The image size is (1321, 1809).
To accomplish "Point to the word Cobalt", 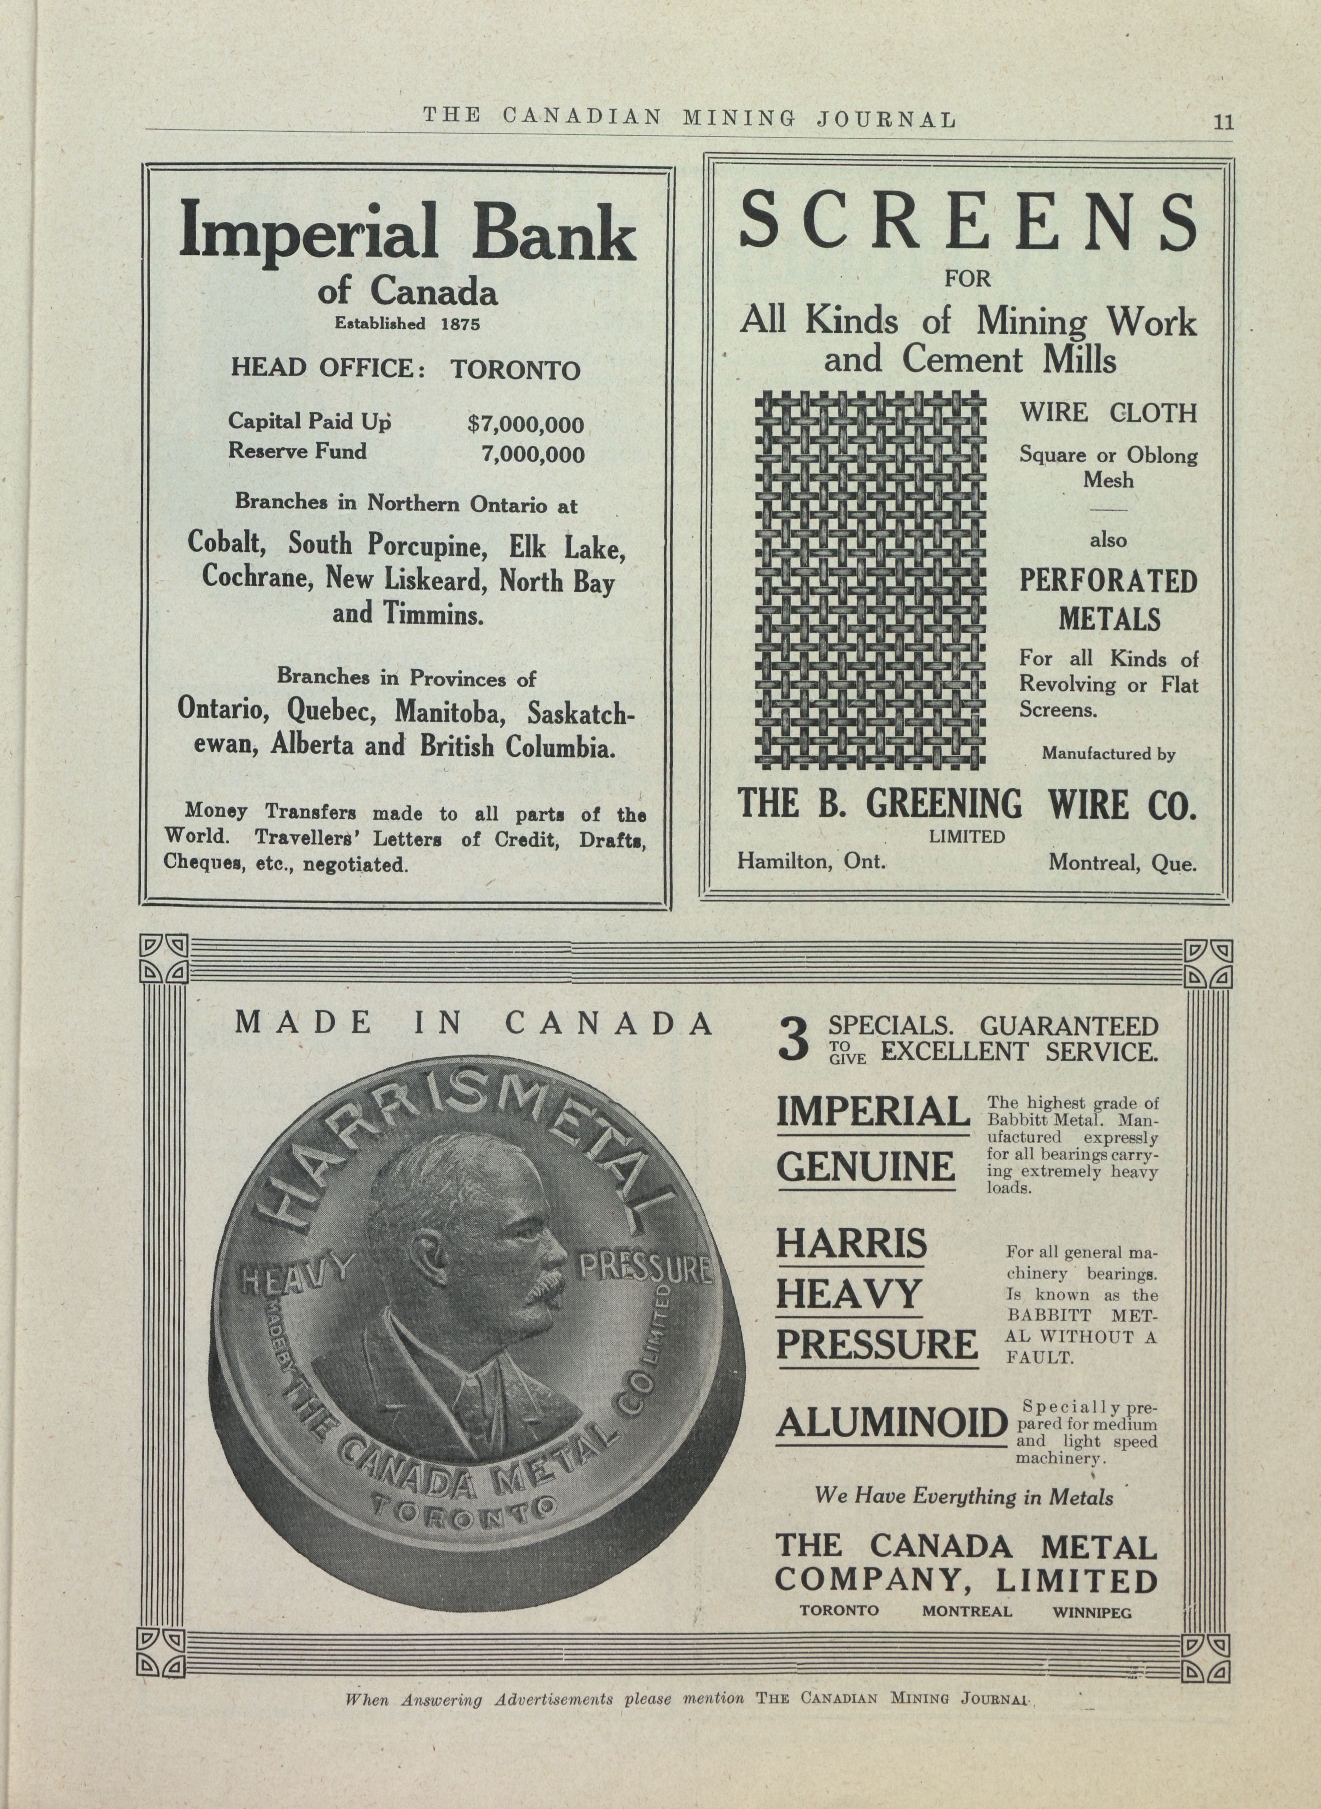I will (x=226, y=543).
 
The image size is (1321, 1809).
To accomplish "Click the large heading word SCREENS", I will (x=968, y=222).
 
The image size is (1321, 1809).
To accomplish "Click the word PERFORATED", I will (x=1107, y=581).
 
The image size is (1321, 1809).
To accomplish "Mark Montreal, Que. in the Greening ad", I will (x=1122, y=863).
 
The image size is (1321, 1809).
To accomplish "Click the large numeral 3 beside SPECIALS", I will (x=795, y=1041).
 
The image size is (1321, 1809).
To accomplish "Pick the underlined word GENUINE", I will (x=865, y=1166).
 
